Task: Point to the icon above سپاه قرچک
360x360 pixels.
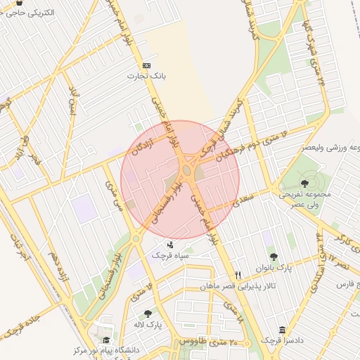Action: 170,245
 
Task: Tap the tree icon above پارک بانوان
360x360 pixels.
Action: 274,257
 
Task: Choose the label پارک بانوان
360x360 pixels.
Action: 274,267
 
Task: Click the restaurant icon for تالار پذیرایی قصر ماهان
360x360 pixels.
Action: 238,275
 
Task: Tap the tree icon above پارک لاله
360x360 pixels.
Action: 148,314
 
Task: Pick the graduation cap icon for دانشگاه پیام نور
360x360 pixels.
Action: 106,340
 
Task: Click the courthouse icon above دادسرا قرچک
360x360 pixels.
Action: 282,330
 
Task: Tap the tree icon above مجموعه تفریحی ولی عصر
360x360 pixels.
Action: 304,183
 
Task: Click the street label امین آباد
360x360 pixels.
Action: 71,102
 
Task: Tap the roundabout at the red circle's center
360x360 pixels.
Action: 187,171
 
